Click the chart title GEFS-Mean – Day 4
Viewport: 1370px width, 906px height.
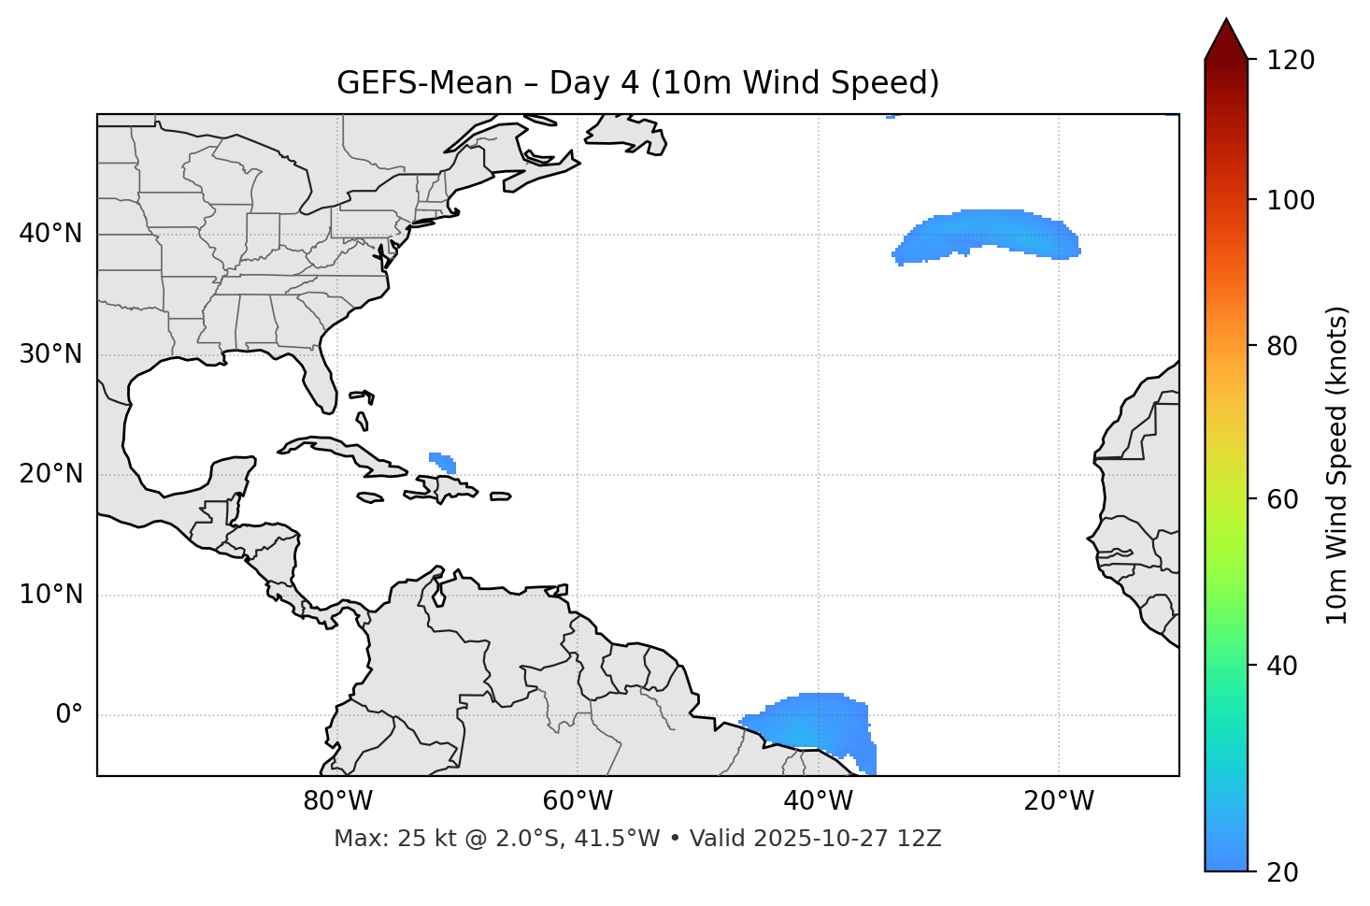tap(637, 83)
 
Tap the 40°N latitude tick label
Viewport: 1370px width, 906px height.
tap(50, 234)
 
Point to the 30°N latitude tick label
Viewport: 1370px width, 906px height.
tap(50, 354)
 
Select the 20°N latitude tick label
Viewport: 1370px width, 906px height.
tap(50, 474)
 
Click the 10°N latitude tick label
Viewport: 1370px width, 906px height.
tap(50, 595)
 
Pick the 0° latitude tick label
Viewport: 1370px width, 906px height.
tap(69, 715)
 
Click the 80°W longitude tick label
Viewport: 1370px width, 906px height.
tap(337, 801)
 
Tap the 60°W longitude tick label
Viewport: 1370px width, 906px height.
tap(578, 801)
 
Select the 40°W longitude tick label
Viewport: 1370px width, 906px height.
tap(819, 801)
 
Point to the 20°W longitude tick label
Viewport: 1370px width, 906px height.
tap(1059, 801)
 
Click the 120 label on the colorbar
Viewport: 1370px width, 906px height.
tap(1291, 61)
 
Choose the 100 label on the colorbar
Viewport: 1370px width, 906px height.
tap(1291, 200)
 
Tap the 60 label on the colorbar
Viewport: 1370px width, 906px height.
tap(1284, 499)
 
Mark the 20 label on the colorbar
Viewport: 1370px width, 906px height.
tap(1284, 872)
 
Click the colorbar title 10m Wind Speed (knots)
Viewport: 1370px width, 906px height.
tap(1337, 465)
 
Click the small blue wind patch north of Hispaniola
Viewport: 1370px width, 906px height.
tap(444, 462)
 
